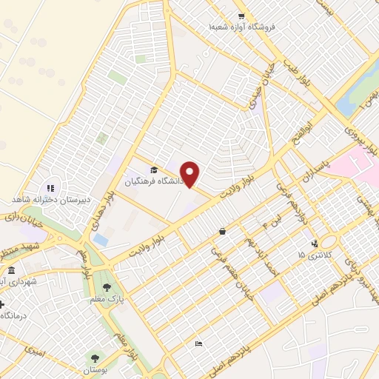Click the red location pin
(x=190, y=175)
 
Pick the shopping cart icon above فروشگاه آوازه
(x=241, y=16)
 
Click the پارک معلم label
(x=108, y=298)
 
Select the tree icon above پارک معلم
(x=108, y=286)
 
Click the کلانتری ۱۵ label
(x=312, y=255)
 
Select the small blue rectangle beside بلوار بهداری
(x=100, y=241)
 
